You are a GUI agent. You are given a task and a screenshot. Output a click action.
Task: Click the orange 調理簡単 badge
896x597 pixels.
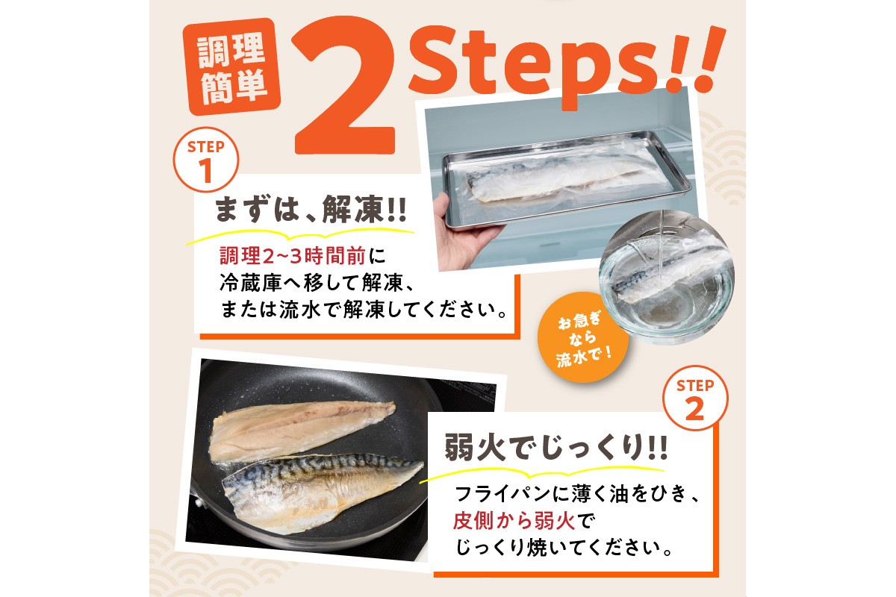coord(231,69)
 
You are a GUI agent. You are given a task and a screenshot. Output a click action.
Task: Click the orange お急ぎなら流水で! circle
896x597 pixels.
coord(583,340)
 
